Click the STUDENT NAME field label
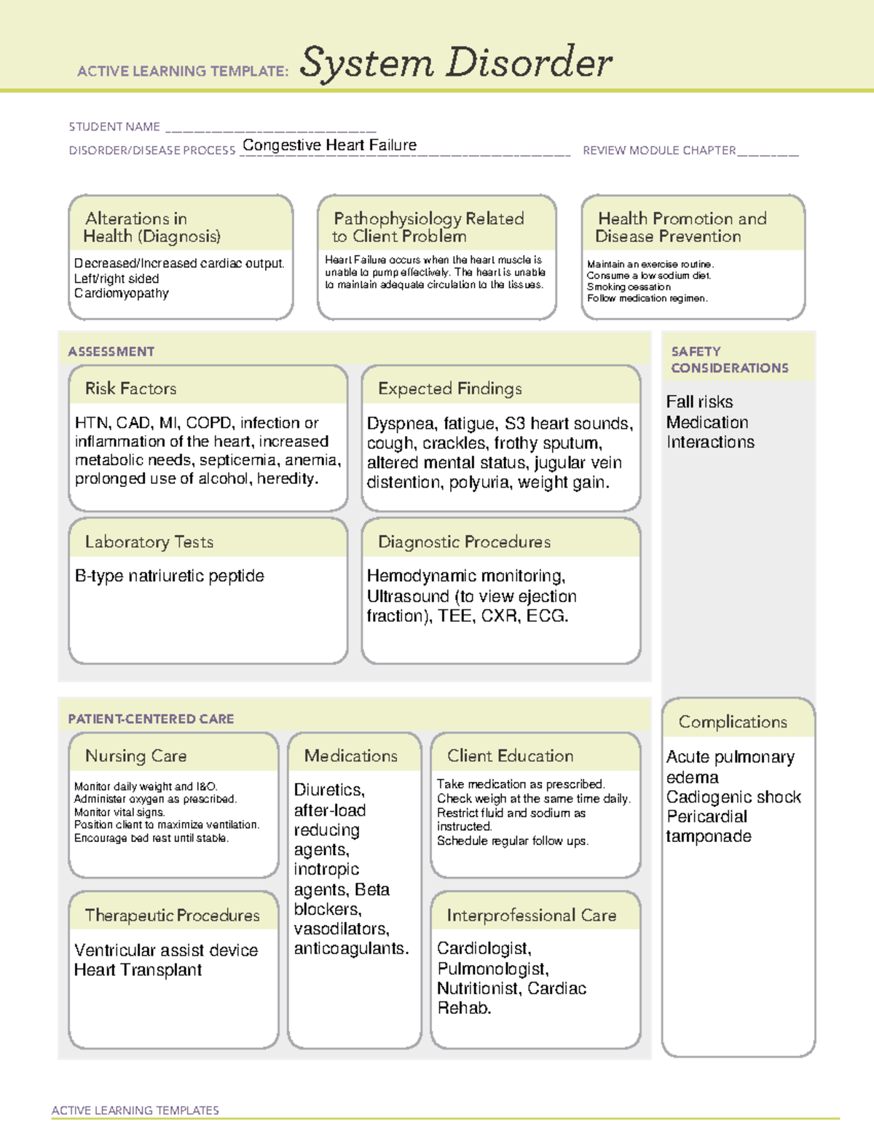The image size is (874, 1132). click(x=114, y=127)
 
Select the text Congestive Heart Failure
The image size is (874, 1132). click(x=329, y=145)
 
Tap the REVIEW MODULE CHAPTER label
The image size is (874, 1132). click(x=658, y=150)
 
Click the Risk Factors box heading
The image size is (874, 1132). click(x=130, y=389)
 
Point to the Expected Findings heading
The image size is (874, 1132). click(x=449, y=389)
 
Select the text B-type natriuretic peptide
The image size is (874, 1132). click(x=169, y=576)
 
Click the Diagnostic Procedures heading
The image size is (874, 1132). click(x=464, y=542)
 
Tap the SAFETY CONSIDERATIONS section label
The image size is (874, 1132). click(x=729, y=359)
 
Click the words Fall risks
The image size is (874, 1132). click(x=699, y=402)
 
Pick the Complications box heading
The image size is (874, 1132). click(x=733, y=722)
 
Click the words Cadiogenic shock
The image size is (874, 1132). click(x=733, y=797)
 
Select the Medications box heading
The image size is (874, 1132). click(x=350, y=756)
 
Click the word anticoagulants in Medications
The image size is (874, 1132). click(x=350, y=948)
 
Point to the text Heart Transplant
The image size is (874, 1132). click(x=138, y=969)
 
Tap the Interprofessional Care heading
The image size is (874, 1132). click(x=531, y=915)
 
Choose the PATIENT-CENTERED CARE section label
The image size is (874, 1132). click(x=151, y=719)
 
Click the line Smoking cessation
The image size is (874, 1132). click(x=629, y=287)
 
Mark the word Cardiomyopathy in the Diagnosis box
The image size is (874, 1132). click(x=121, y=293)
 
